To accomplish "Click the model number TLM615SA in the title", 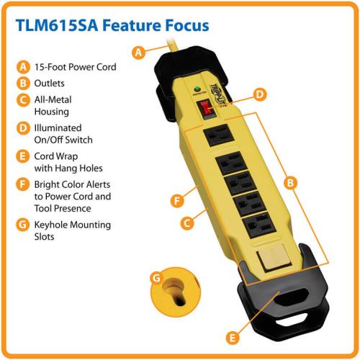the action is (x=57, y=25).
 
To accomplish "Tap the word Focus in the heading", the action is (x=187, y=25).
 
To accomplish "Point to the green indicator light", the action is (x=197, y=89).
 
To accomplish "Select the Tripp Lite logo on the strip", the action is (x=218, y=95).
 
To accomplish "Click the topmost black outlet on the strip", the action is (x=218, y=135).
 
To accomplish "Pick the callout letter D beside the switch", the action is (x=260, y=94).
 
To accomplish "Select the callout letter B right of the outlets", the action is (x=290, y=183).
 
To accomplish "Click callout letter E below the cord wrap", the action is (x=233, y=338).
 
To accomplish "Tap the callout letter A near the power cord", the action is (x=138, y=52).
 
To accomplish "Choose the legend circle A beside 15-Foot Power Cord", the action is (x=23, y=67).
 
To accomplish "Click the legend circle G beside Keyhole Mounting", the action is (x=22, y=225).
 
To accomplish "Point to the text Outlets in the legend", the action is (x=49, y=84).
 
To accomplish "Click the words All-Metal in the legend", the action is (x=53, y=99).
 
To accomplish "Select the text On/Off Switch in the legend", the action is (x=63, y=140).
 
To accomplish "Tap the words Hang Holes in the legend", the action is (x=78, y=168).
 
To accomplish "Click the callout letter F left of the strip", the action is (x=177, y=201).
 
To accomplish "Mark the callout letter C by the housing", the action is (x=187, y=223).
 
